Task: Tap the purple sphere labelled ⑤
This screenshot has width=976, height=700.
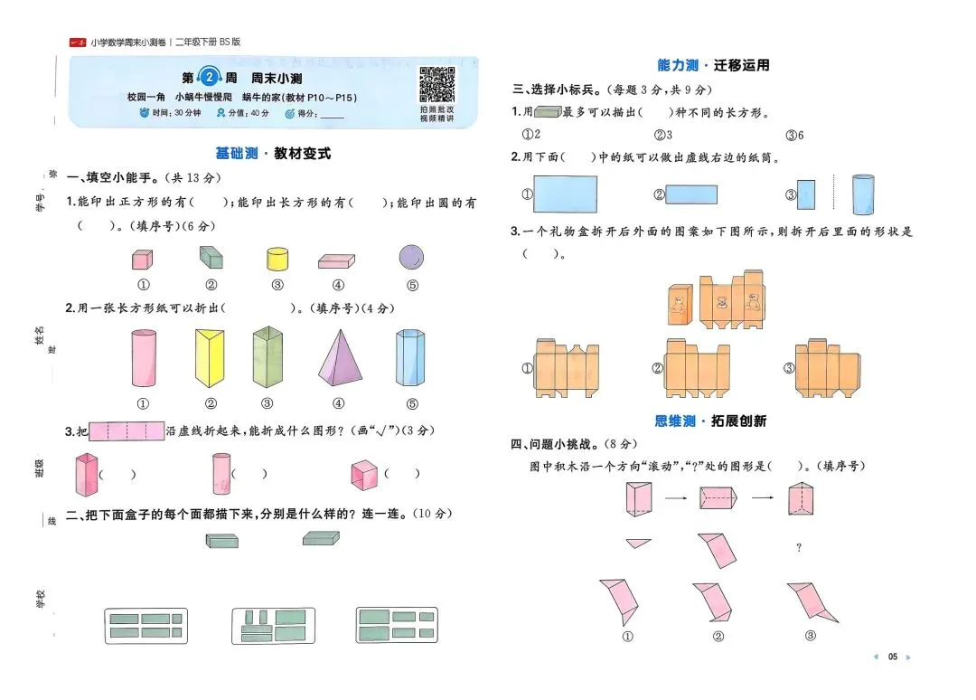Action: (412, 257)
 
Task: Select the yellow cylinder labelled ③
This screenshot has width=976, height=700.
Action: (277, 259)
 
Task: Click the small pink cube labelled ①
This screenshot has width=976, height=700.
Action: (141, 260)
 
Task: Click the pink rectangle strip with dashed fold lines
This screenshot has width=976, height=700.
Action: (127, 431)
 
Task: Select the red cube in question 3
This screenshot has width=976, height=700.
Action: (363, 474)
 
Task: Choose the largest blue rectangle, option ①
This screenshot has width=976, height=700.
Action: (566, 194)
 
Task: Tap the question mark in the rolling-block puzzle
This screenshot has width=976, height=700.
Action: (798, 548)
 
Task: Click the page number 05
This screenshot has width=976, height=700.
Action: (893, 657)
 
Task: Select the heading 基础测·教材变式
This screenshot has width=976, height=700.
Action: (273, 154)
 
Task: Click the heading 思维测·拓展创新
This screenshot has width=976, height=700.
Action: (710, 421)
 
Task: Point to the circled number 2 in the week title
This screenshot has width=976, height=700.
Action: (210, 78)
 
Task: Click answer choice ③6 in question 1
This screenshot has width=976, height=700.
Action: (794, 135)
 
